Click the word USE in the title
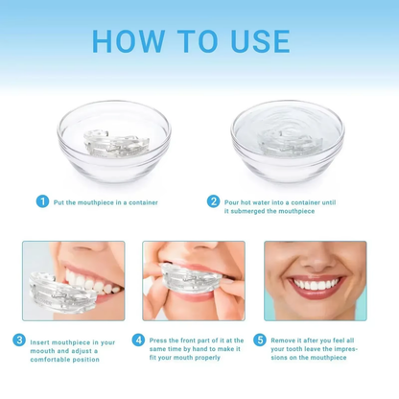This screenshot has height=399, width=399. click(256, 41)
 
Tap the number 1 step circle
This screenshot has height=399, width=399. click(41, 201)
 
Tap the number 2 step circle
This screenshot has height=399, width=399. click(213, 201)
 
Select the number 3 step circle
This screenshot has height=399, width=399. click(19, 340)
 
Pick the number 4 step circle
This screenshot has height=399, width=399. click(139, 340)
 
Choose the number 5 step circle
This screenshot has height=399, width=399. click(259, 340)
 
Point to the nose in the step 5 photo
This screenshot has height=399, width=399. click(313, 257)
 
